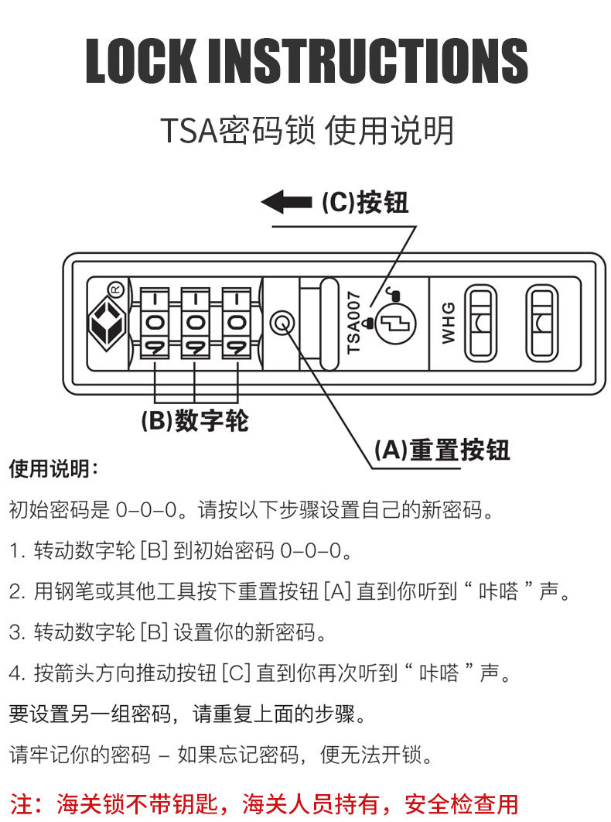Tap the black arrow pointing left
click(x=285, y=203)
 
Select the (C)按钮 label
click(x=364, y=203)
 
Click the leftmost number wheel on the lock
click(x=155, y=322)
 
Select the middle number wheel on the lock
click(x=195, y=322)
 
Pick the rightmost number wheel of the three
click(x=235, y=322)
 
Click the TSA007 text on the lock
click(x=354, y=322)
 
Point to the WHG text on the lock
click(x=448, y=323)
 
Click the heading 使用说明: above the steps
click(x=53, y=469)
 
